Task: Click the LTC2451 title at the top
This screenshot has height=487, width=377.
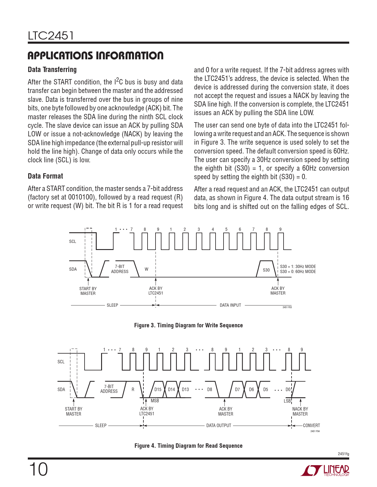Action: pyautogui.click(x=51, y=36)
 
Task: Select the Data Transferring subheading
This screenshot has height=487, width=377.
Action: pyautogui.click(x=52, y=70)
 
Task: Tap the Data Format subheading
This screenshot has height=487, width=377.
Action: pyautogui.click(x=45, y=176)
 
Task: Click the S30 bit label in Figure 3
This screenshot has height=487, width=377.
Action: pyautogui.click(x=266, y=270)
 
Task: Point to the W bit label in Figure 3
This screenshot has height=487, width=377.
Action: pyautogui.click(x=146, y=269)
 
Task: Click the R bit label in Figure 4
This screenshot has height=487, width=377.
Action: pyautogui.click(x=133, y=389)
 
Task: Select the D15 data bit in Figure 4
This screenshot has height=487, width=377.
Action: pyautogui.click(x=158, y=389)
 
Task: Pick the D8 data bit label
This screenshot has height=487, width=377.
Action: pyautogui.click(x=209, y=389)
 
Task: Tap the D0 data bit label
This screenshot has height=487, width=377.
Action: pyautogui.click(x=288, y=389)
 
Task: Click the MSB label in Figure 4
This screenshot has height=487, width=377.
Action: pyautogui.click(x=155, y=401)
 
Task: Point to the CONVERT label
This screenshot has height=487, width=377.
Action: pyautogui.click(x=311, y=425)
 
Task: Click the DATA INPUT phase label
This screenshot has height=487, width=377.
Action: pyautogui.click(x=230, y=305)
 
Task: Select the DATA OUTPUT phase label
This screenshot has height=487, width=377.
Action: pyautogui.click(x=219, y=425)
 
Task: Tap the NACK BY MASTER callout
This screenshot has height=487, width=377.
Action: pyautogui.click(x=300, y=411)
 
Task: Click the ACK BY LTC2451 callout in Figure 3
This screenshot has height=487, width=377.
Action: pyautogui.click(x=156, y=291)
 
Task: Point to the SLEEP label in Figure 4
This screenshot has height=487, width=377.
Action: pyautogui.click(x=101, y=425)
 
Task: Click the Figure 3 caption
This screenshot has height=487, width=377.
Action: pyautogui.click(x=188, y=325)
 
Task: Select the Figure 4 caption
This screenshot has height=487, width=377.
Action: pyautogui.click(x=188, y=446)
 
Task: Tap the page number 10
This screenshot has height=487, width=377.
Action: pyautogui.click(x=38, y=470)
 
